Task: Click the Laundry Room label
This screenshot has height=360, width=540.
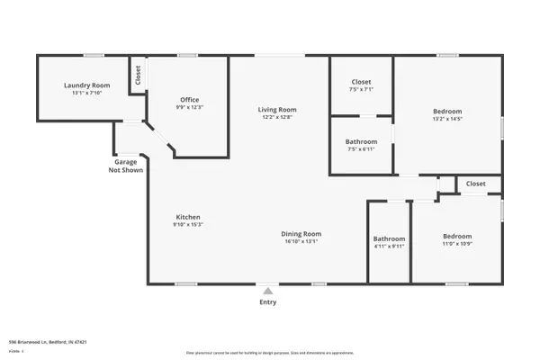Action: tap(85, 86)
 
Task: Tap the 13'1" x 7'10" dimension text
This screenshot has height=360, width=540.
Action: tap(85, 94)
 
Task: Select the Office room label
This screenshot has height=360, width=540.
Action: tap(189, 100)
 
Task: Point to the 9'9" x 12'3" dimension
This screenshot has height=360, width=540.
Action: tap(189, 108)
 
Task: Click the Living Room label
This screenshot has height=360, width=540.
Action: tap(279, 109)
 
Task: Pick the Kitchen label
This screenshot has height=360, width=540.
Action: tap(187, 217)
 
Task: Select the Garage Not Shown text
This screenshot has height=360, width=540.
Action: tap(125, 166)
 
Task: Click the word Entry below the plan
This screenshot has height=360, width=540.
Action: tap(268, 302)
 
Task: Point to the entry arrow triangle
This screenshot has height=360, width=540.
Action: tap(267, 291)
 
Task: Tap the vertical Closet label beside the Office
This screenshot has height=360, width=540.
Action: tap(138, 76)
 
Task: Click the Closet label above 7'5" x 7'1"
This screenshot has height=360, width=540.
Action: tap(361, 82)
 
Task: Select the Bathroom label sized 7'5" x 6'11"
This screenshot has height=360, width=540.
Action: tap(361, 141)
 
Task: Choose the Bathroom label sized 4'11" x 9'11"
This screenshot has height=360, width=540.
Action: tap(390, 238)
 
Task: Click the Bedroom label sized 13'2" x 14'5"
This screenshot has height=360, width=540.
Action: tap(447, 111)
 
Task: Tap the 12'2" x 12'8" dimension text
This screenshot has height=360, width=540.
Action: tap(279, 117)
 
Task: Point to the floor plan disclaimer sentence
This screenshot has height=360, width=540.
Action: tap(269, 352)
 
